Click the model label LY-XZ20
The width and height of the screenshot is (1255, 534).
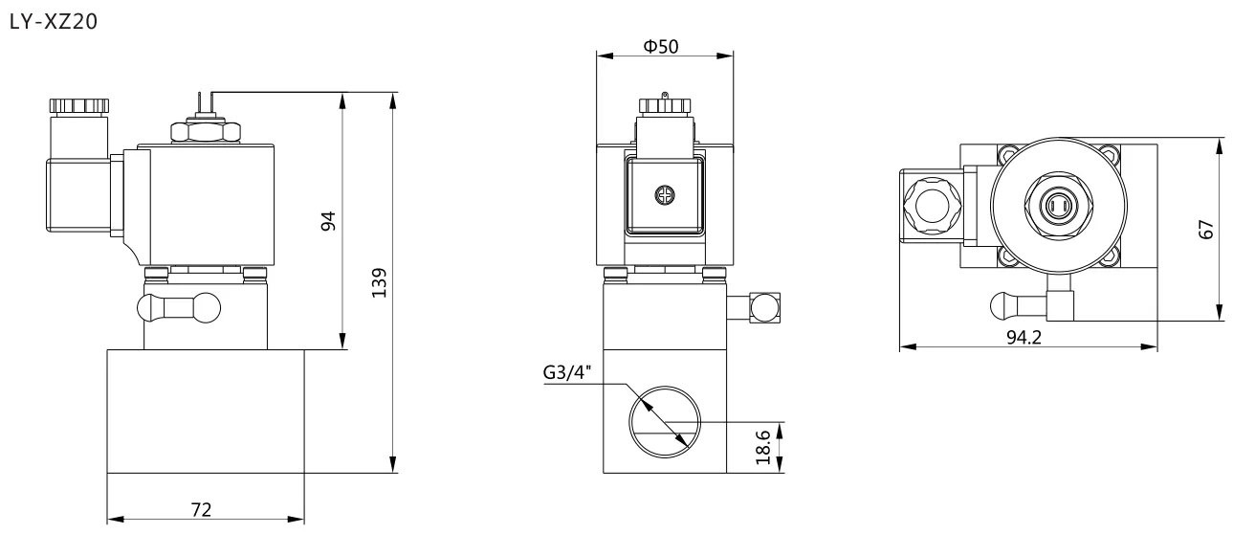click(x=54, y=21)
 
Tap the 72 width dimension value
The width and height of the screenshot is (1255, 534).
click(x=201, y=509)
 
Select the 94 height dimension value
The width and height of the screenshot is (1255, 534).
click(x=328, y=221)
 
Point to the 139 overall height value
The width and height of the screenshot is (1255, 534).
click(x=380, y=282)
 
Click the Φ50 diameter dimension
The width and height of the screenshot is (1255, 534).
click(x=661, y=46)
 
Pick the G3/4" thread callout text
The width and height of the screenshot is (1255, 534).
click(x=567, y=372)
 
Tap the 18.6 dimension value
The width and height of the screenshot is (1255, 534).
click(x=763, y=447)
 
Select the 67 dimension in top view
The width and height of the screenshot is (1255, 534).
click(x=1205, y=229)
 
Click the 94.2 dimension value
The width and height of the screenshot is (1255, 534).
click(x=1024, y=337)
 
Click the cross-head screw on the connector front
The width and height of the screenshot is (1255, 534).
click(x=665, y=195)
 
